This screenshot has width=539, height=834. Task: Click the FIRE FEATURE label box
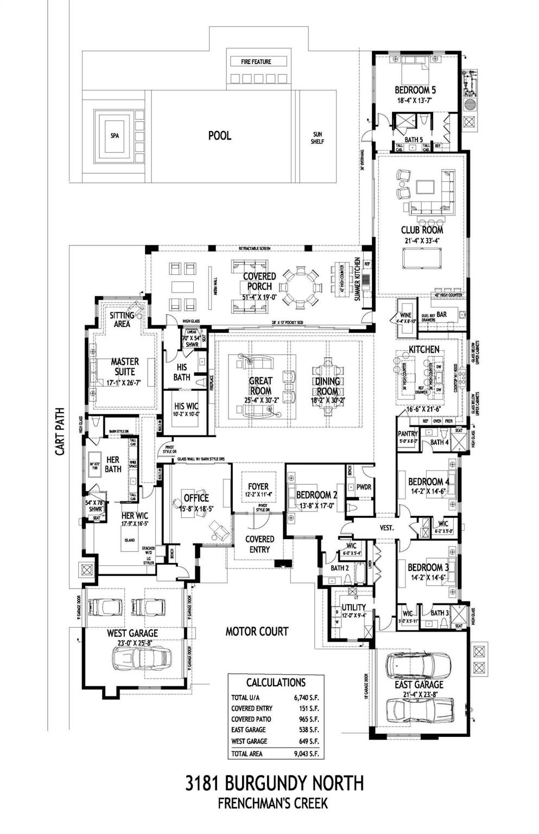pyautogui.click(x=256, y=62)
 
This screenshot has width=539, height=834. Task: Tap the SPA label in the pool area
pyautogui.click(x=114, y=136)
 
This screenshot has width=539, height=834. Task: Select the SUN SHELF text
pyautogui.click(x=318, y=138)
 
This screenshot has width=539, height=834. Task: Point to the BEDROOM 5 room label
pyautogui.click(x=415, y=90)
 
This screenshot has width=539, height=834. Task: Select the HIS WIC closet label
pyautogui.click(x=186, y=406)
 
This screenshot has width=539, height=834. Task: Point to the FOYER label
pyautogui.click(x=258, y=486)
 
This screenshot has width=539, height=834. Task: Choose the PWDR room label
pyautogui.click(x=364, y=487)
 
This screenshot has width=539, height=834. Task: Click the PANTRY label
pyautogui.click(x=408, y=434)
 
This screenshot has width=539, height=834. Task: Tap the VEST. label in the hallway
pyautogui.click(x=386, y=527)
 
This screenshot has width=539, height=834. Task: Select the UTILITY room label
pyautogui.click(x=353, y=607)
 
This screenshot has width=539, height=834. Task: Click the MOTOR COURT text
pyautogui.click(x=257, y=631)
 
